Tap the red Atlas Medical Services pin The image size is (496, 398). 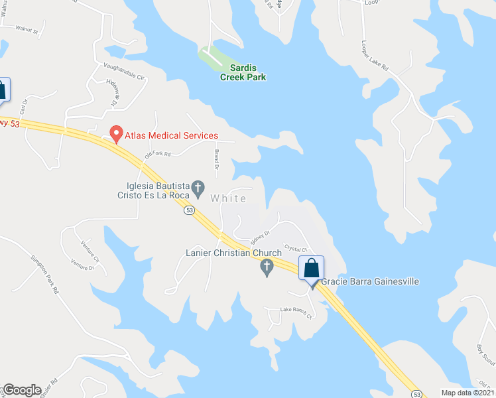(x=116, y=134)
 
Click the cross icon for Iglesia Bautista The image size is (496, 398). (x=198, y=191)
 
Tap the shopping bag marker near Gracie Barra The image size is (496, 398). (x=311, y=269)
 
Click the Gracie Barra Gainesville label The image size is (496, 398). (x=370, y=281)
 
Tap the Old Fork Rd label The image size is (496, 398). (x=158, y=154)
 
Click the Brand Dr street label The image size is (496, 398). (x=216, y=159)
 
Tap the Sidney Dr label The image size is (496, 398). (x=260, y=235)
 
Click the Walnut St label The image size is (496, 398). (x=28, y=31)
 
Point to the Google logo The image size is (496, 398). (x=22, y=390)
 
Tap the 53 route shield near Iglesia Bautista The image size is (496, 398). (x=190, y=210)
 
